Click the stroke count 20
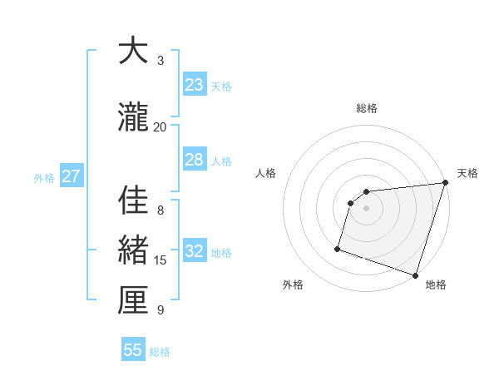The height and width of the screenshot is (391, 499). [x=160, y=126]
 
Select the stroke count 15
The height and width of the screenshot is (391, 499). [x=161, y=260]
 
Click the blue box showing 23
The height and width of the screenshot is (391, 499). [x=194, y=85]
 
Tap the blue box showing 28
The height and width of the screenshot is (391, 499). [x=194, y=160]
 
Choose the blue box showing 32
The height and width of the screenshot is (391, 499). [x=194, y=251]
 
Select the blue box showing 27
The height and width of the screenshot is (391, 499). [x=71, y=176]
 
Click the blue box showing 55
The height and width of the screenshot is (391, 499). [x=133, y=350]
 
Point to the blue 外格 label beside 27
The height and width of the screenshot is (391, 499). [x=44, y=177]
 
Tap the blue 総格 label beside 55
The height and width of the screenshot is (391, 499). [x=160, y=352]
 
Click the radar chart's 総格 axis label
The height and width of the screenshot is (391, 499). [x=367, y=108]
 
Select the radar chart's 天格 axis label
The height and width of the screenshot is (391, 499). [x=467, y=173]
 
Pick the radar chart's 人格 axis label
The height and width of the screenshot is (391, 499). [x=265, y=173]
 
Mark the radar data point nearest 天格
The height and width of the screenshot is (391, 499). [x=445, y=183]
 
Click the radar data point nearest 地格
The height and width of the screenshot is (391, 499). [x=415, y=275]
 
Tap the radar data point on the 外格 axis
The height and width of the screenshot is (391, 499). [x=338, y=248]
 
